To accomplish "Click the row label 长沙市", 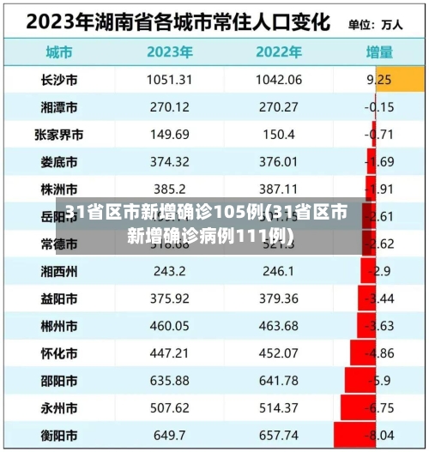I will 59,80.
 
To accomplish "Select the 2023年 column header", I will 170,51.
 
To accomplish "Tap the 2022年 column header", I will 279,51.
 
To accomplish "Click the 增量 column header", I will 380,51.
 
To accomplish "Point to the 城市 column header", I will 59,51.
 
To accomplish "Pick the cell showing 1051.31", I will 169,80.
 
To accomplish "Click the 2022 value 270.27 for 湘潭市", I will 279,107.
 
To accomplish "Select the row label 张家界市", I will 59,135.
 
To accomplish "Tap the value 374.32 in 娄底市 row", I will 169,162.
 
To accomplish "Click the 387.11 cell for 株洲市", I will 279,189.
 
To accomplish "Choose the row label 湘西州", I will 59,271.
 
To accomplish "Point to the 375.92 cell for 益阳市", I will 169,298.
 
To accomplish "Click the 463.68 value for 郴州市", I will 279,326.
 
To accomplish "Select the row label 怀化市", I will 59,353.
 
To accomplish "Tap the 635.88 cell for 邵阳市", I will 169,381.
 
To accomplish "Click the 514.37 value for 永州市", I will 279,408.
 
